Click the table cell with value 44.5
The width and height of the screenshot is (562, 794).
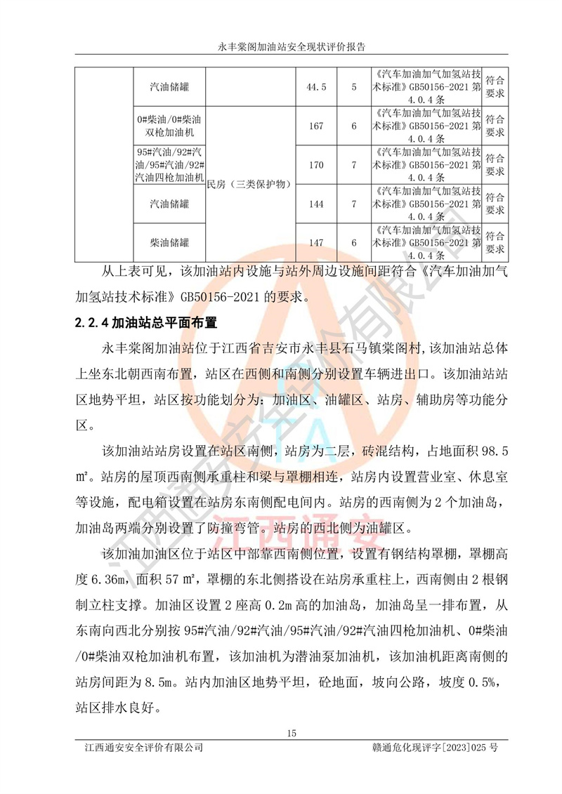coord(316,87)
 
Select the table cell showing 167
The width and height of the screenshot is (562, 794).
coord(316,126)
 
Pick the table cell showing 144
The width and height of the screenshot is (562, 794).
coord(316,204)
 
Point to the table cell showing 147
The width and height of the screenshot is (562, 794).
coord(316,243)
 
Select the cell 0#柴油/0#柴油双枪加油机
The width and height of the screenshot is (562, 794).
coord(169,126)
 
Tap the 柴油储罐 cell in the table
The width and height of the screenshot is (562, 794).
coord(169,243)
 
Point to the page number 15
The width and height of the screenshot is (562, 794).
coord(292,734)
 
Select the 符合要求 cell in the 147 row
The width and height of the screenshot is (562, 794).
coord(495,243)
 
